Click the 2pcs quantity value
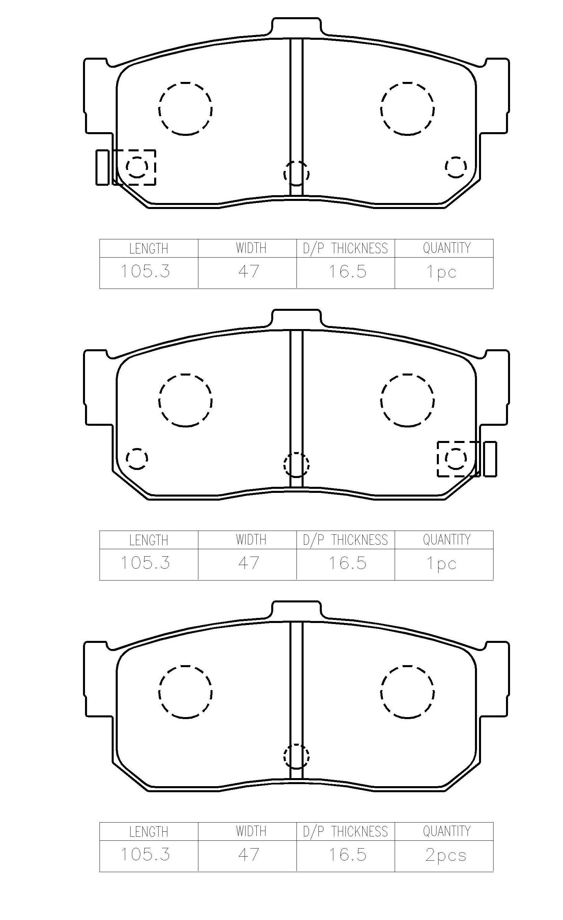pos(446,855)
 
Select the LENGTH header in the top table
pos(149,249)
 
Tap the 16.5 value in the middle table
pos(347,563)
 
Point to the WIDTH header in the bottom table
pos(251,831)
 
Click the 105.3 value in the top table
pos(145,271)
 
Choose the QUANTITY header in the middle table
pos(447,539)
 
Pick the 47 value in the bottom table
pos(249,855)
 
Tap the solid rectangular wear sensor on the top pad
pos(102,167)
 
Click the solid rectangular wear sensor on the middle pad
pos(490,459)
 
